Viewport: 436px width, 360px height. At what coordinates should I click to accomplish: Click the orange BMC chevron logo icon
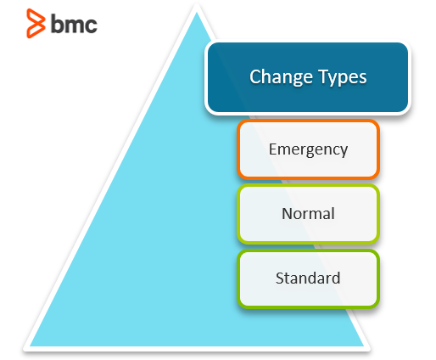36,23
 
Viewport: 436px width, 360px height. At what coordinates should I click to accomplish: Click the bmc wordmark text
74,24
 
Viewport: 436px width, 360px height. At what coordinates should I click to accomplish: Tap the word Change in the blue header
281,77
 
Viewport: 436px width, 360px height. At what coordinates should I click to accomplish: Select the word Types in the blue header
343,77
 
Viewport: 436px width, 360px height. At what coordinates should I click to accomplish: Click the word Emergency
308,149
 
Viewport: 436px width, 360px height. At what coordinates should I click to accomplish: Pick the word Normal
308,213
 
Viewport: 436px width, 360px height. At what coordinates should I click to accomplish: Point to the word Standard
308,278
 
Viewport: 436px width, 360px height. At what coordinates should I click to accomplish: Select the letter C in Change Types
255,76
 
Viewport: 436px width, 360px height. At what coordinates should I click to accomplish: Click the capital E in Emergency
273,149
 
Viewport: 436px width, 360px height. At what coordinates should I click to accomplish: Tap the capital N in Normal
288,213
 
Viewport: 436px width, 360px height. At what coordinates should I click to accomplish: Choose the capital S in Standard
280,278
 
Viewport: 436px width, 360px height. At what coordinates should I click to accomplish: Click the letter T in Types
324,76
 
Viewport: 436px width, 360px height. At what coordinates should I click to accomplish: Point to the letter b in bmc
57,24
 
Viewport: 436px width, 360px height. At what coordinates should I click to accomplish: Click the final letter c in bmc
91,25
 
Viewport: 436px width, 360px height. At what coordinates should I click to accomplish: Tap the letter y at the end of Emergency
344,152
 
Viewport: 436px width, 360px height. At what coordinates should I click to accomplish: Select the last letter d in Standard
336,278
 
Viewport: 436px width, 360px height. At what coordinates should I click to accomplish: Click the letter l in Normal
333,213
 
